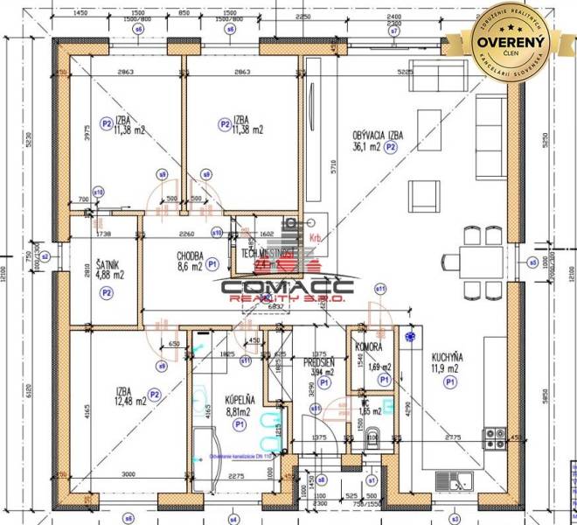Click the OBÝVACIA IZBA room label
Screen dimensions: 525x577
point(378,135)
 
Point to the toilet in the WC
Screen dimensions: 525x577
point(374,435)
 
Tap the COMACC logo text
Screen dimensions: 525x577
point(287,285)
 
